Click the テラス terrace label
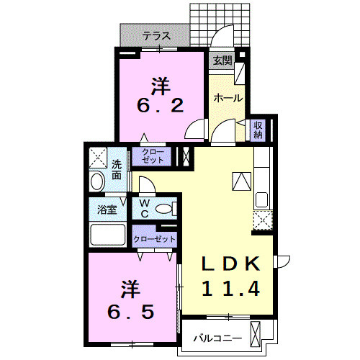(x=155, y=35)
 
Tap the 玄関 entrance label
(x=222, y=61)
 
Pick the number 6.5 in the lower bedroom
(x=127, y=314)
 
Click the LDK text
(x=228, y=264)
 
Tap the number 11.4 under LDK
(x=228, y=289)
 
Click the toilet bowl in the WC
(x=164, y=210)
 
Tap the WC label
(x=144, y=209)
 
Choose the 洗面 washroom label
(x=116, y=169)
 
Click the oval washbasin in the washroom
(x=97, y=181)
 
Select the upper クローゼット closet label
(x=153, y=156)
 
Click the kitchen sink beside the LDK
(x=261, y=199)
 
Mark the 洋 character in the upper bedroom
(x=160, y=84)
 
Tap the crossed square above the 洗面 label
(x=97, y=156)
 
